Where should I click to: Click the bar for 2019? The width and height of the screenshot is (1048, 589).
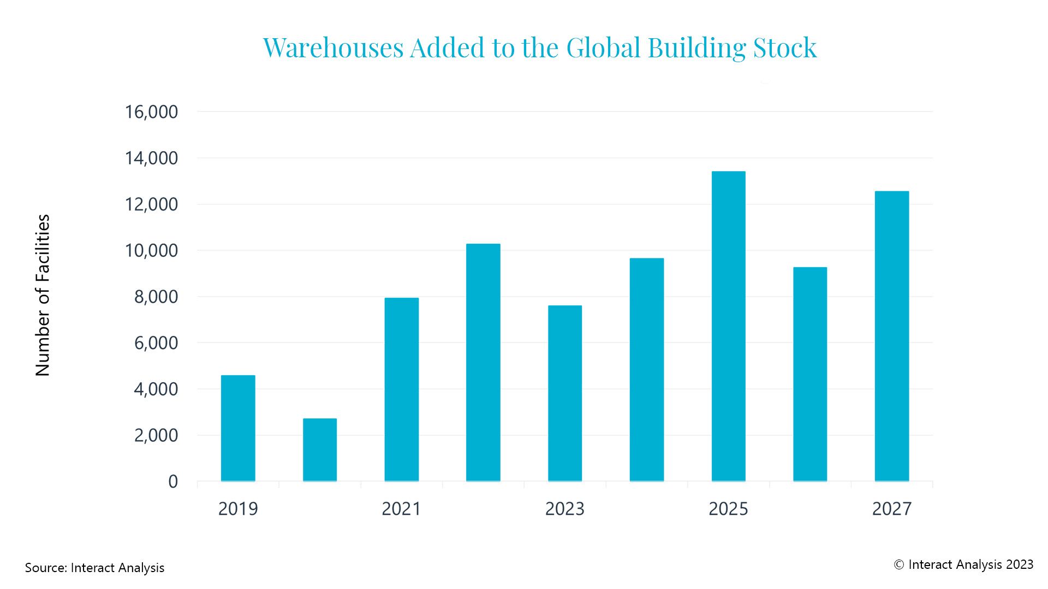pyautogui.click(x=238, y=428)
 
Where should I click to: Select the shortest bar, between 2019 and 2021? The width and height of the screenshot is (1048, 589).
pyautogui.click(x=320, y=450)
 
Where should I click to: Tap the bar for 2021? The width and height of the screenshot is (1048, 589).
pyautogui.click(x=402, y=389)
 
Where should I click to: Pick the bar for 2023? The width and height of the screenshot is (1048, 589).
pyautogui.click(x=565, y=393)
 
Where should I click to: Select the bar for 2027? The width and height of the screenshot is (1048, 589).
pyautogui.click(x=892, y=336)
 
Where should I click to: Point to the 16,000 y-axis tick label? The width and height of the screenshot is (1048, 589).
pyautogui.click(x=151, y=112)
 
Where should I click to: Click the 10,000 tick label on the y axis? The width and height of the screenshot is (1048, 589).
pyautogui.click(x=151, y=250)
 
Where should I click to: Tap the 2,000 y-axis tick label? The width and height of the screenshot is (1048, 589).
pyautogui.click(x=156, y=435)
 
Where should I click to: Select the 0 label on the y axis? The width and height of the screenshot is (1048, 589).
pyautogui.click(x=173, y=482)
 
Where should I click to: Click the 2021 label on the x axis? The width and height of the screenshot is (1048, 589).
pyautogui.click(x=401, y=508)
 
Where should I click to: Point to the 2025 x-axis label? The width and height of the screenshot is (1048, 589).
pyautogui.click(x=728, y=508)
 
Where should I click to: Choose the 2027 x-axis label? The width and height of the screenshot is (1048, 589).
pyautogui.click(x=892, y=508)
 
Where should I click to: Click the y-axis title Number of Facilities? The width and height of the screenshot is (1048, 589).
pyautogui.click(x=43, y=295)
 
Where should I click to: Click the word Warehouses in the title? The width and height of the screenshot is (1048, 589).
pyautogui.click(x=333, y=47)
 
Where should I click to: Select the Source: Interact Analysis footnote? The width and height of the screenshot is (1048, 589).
pyautogui.click(x=94, y=568)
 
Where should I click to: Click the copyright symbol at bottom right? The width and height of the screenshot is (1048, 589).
pyautogui.click(x=899, y=565)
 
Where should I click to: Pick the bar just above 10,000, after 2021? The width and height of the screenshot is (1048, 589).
pyautogui.click(x=483, y=363)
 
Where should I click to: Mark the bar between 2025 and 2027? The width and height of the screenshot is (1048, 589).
pyautogui.click(x=810, y=374)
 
